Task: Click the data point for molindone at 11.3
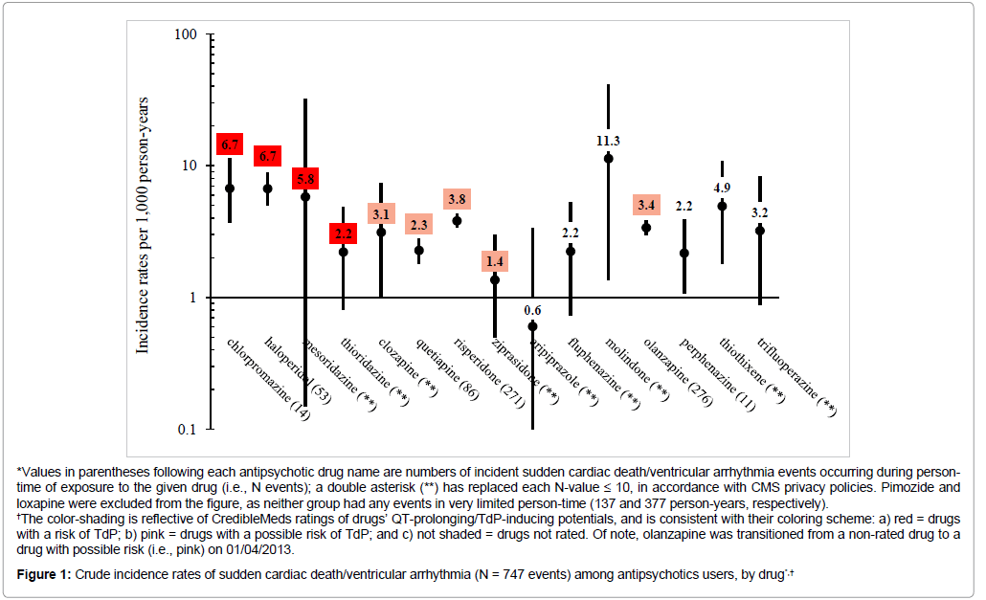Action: point(608,158)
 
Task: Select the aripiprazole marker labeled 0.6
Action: point(532,326)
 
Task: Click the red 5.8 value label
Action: point(306,179)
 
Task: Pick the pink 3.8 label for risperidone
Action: point(457,199)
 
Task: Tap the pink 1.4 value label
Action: point(495,261)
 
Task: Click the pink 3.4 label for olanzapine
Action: point(646,205)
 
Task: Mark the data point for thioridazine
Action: point(343,252)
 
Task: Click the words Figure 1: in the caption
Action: point(50,573)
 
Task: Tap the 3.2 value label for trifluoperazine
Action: point(760,212)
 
